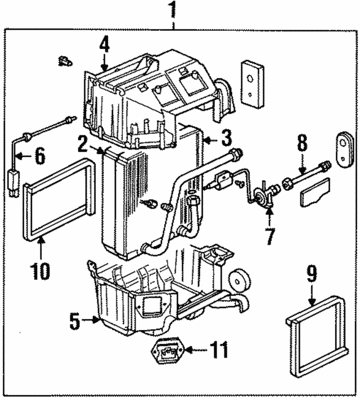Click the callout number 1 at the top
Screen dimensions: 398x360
click(x=174, y=10)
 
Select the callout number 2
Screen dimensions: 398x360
click(x=83, y=146)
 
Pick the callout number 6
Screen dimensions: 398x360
click(x=39, y=156)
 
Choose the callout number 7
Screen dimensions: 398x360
click(x=270, y=236)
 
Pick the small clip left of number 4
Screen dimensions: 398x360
click(x=65, y=61)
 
